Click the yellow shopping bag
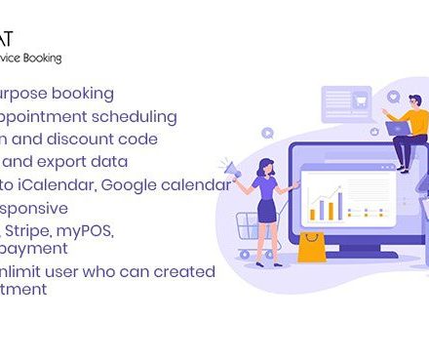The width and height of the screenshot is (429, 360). (311, 248)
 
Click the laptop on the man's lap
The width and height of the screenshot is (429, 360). (398, 127)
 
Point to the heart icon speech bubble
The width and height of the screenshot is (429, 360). (393, 97)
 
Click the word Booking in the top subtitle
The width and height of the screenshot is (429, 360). (41, 59)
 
